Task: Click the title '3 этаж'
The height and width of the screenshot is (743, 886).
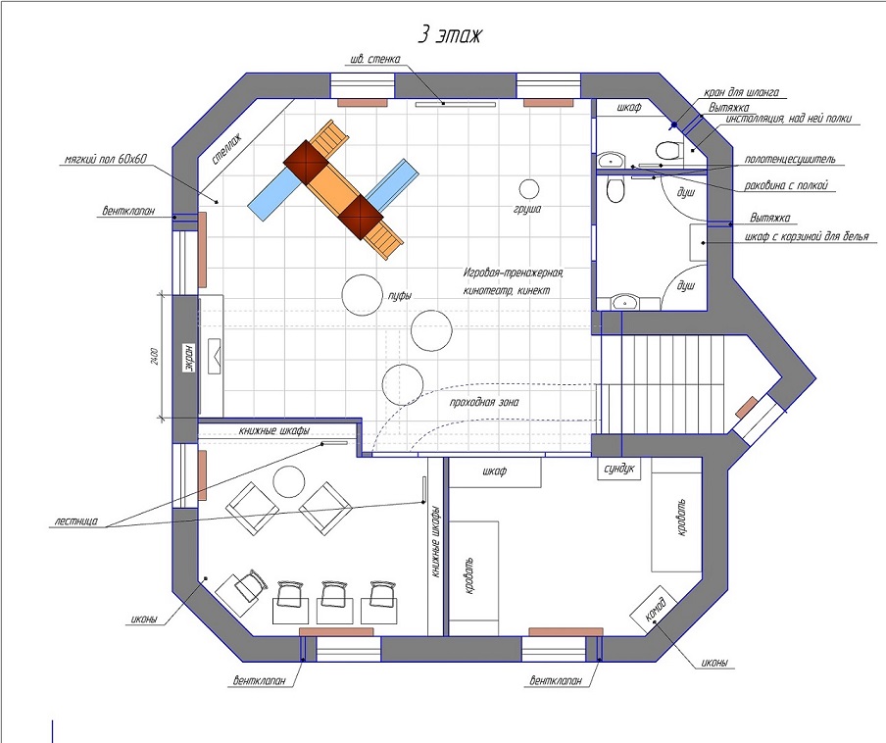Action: (450, 35)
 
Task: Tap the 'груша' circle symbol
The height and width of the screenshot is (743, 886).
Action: (529, 189)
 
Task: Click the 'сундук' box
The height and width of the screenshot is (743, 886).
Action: (619, 469)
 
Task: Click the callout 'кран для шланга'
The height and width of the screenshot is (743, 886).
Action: (741, 92)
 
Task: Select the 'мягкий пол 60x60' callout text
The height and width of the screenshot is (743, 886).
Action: (106, 160)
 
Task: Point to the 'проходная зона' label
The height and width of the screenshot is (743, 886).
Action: (484, 402)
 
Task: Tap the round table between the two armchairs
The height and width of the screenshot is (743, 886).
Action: (289, 481)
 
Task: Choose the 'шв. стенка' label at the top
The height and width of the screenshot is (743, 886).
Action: (375, 59)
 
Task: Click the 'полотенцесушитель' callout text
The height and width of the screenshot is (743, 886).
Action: (789, 159)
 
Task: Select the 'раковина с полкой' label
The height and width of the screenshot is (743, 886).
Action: (786, 185)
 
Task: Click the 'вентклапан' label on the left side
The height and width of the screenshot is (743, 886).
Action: (127, 212)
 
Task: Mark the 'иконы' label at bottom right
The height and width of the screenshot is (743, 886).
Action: (714, 663)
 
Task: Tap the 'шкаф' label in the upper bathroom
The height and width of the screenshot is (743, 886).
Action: (629, 107)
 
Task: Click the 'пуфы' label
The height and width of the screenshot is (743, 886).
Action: (400, 295)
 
